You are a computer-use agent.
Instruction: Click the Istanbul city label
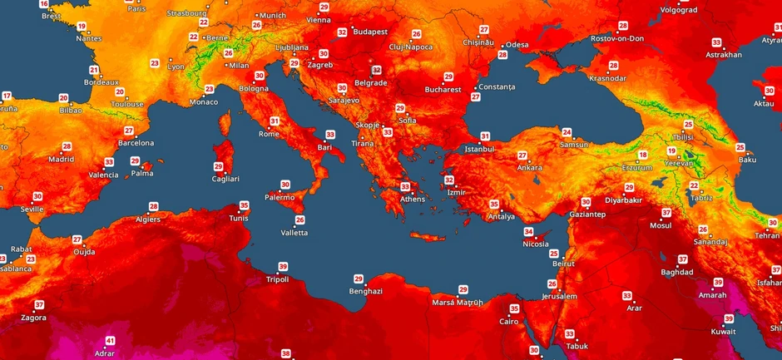tap(478, 149)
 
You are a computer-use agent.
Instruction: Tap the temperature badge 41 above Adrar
tap(110, 341)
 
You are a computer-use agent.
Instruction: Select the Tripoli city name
tap(277, 279)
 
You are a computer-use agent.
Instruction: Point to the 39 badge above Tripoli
tap(284, 267)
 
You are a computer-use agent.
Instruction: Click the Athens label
tap(413, 200)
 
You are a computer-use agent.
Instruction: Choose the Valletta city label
tap(294, 233)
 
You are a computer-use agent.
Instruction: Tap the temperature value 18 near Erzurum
tap(642, 155)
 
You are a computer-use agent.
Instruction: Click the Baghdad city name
tap(676, 272)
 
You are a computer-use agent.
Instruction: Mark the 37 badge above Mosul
tap(666, 213)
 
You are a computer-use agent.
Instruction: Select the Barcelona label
tap(136, 143)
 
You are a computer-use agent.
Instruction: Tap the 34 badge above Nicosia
tap(528, 232)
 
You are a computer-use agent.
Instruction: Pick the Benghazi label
tap(365, 291)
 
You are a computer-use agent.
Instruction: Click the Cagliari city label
tap(225, 179)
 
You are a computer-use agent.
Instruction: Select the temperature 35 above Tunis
tap(244, 205)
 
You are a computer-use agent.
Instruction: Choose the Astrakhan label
tap(723, 55)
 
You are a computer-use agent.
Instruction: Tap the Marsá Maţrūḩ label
tap(456, 302)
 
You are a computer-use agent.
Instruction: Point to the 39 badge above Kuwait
tap(729, 318)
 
